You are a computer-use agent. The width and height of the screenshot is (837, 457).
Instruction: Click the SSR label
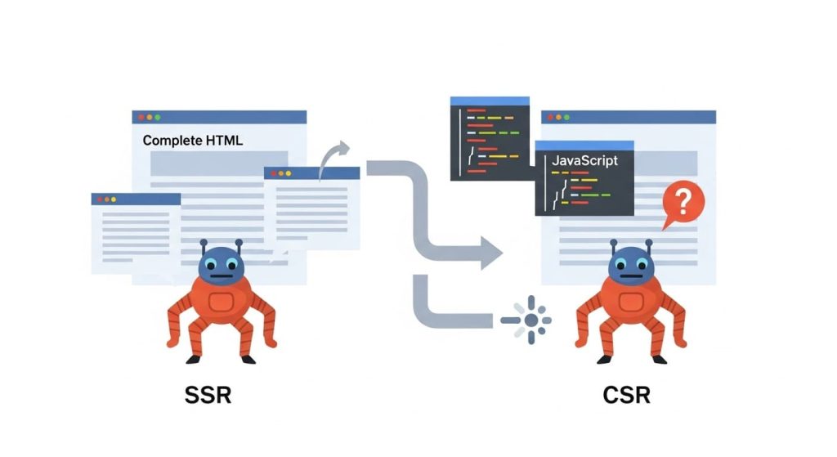click(x=208, y=396)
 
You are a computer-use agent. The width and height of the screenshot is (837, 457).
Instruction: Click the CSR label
click(x=627, y=396)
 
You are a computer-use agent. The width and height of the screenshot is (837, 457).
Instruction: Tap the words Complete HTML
click(x=193, y=141)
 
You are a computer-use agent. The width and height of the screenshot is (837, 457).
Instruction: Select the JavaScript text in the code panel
click(x=584, y=161)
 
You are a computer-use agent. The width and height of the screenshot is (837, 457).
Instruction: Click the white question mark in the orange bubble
click(x=683, y=201)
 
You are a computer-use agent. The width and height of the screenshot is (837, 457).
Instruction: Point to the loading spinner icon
click(x=530, y=320)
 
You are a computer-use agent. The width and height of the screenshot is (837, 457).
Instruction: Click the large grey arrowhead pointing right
click(x=491, y=253)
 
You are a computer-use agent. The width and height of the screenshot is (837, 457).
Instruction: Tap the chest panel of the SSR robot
click(x=221, y=302)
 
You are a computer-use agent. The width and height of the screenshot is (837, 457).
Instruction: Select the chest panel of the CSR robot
click(x=631, y=302)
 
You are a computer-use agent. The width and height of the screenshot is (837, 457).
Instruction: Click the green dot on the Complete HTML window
click(x=158, y=118)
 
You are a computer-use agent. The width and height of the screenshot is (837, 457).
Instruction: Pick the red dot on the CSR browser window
click(x=550, y=117)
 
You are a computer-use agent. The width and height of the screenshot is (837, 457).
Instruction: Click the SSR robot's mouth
click(x=221, y=276)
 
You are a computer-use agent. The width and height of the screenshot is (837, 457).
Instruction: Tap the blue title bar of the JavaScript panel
click(x=584, y=146)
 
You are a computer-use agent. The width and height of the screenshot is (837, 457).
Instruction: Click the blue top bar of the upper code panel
click(x=490, y=101)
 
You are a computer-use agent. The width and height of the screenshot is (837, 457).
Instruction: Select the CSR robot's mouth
click(x=631, y=276)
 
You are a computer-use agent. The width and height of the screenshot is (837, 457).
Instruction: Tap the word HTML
click(x=224, y=141)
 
